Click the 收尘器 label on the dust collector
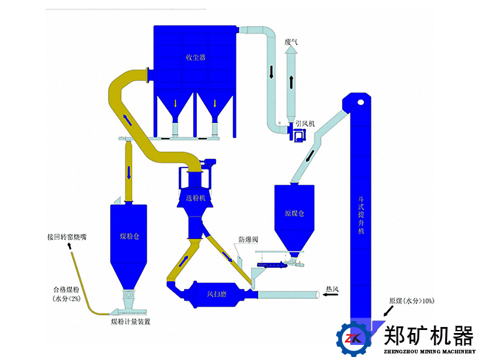(196, 58)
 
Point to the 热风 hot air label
(332, 290)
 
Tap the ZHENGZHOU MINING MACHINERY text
(430, 352)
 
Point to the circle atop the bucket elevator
(361, 101)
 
